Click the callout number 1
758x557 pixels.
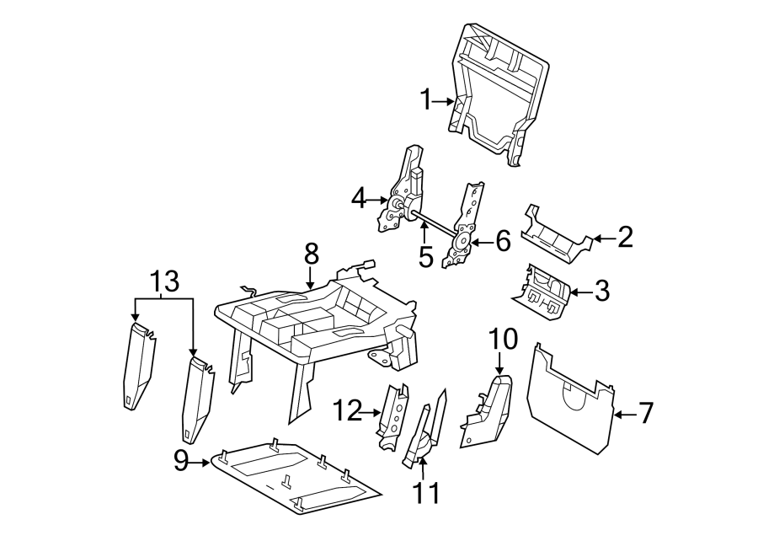(x=427, y=100)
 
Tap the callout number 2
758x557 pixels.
(x=624, y=238)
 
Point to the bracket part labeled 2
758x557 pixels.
(x=557, y=234)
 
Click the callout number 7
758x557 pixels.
(x=645, y=413)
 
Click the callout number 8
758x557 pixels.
(x=311, y=252)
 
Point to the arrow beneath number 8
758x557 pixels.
(x=311, y=278)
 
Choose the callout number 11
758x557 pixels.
(x=426, y=492)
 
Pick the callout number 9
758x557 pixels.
(x=180, y=461)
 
